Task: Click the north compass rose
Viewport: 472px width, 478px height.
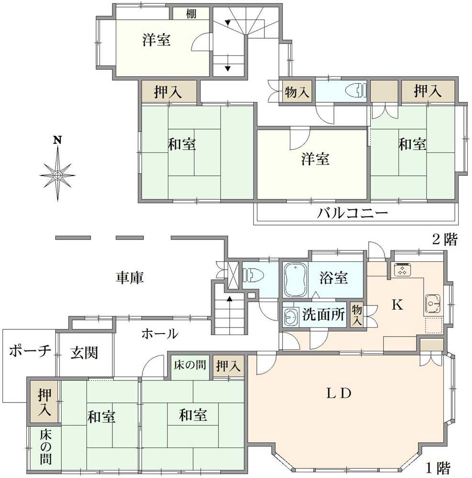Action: click(57, 174)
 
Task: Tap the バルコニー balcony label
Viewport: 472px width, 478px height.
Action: click(352, 213)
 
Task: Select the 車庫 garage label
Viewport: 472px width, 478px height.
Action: click(130, 277)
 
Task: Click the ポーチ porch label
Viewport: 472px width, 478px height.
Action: click(30, 351)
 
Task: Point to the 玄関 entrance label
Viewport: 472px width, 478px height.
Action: click(84, 353)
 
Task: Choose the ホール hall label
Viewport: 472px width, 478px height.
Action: click(159, 334)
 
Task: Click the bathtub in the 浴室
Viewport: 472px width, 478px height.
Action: click(295, 280)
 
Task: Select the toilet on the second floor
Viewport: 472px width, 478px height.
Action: click(355, 90)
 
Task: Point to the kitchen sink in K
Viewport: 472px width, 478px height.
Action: click(433, 304)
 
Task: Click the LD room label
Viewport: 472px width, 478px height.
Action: click(339, 393)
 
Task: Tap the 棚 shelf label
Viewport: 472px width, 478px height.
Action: click(191, 13)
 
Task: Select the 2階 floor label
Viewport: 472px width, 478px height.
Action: click(445, 239)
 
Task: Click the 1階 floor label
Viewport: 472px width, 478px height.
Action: click(438, 467)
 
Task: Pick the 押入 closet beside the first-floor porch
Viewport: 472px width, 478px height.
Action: click(44, 402)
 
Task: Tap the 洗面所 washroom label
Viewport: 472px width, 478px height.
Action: click(323, 315)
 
